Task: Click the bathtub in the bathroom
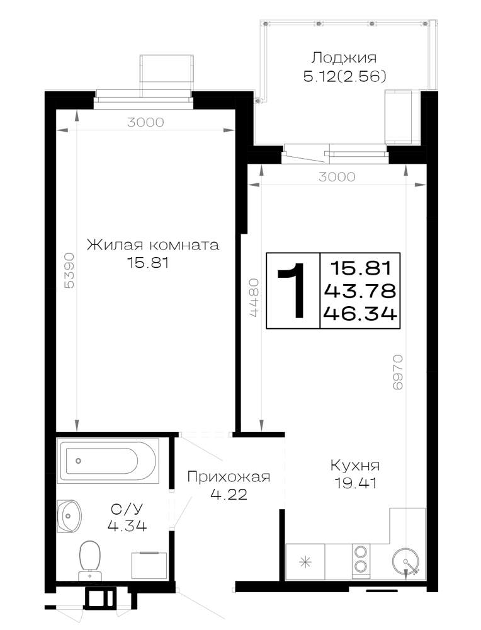(x=108, y=461)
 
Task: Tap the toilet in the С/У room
(x=89, y=560)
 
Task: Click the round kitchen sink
(x=405, y=562)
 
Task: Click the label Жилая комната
(x=153, y=244)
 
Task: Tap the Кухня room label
(x=355, y=466)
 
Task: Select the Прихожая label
(x=229, y=477)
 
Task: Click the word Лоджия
(x=344, y=58)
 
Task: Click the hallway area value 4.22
(x=229, y=494)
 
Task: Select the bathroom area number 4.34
(x=127, y=525)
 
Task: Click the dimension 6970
(x=397, y=372)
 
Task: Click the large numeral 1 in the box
(x=293, y=290)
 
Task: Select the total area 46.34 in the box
(x=361, y=313)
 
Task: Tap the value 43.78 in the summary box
(x=361, y=290)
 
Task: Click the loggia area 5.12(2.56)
(x=344, y=76)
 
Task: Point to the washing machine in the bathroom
(x=149, y=565)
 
